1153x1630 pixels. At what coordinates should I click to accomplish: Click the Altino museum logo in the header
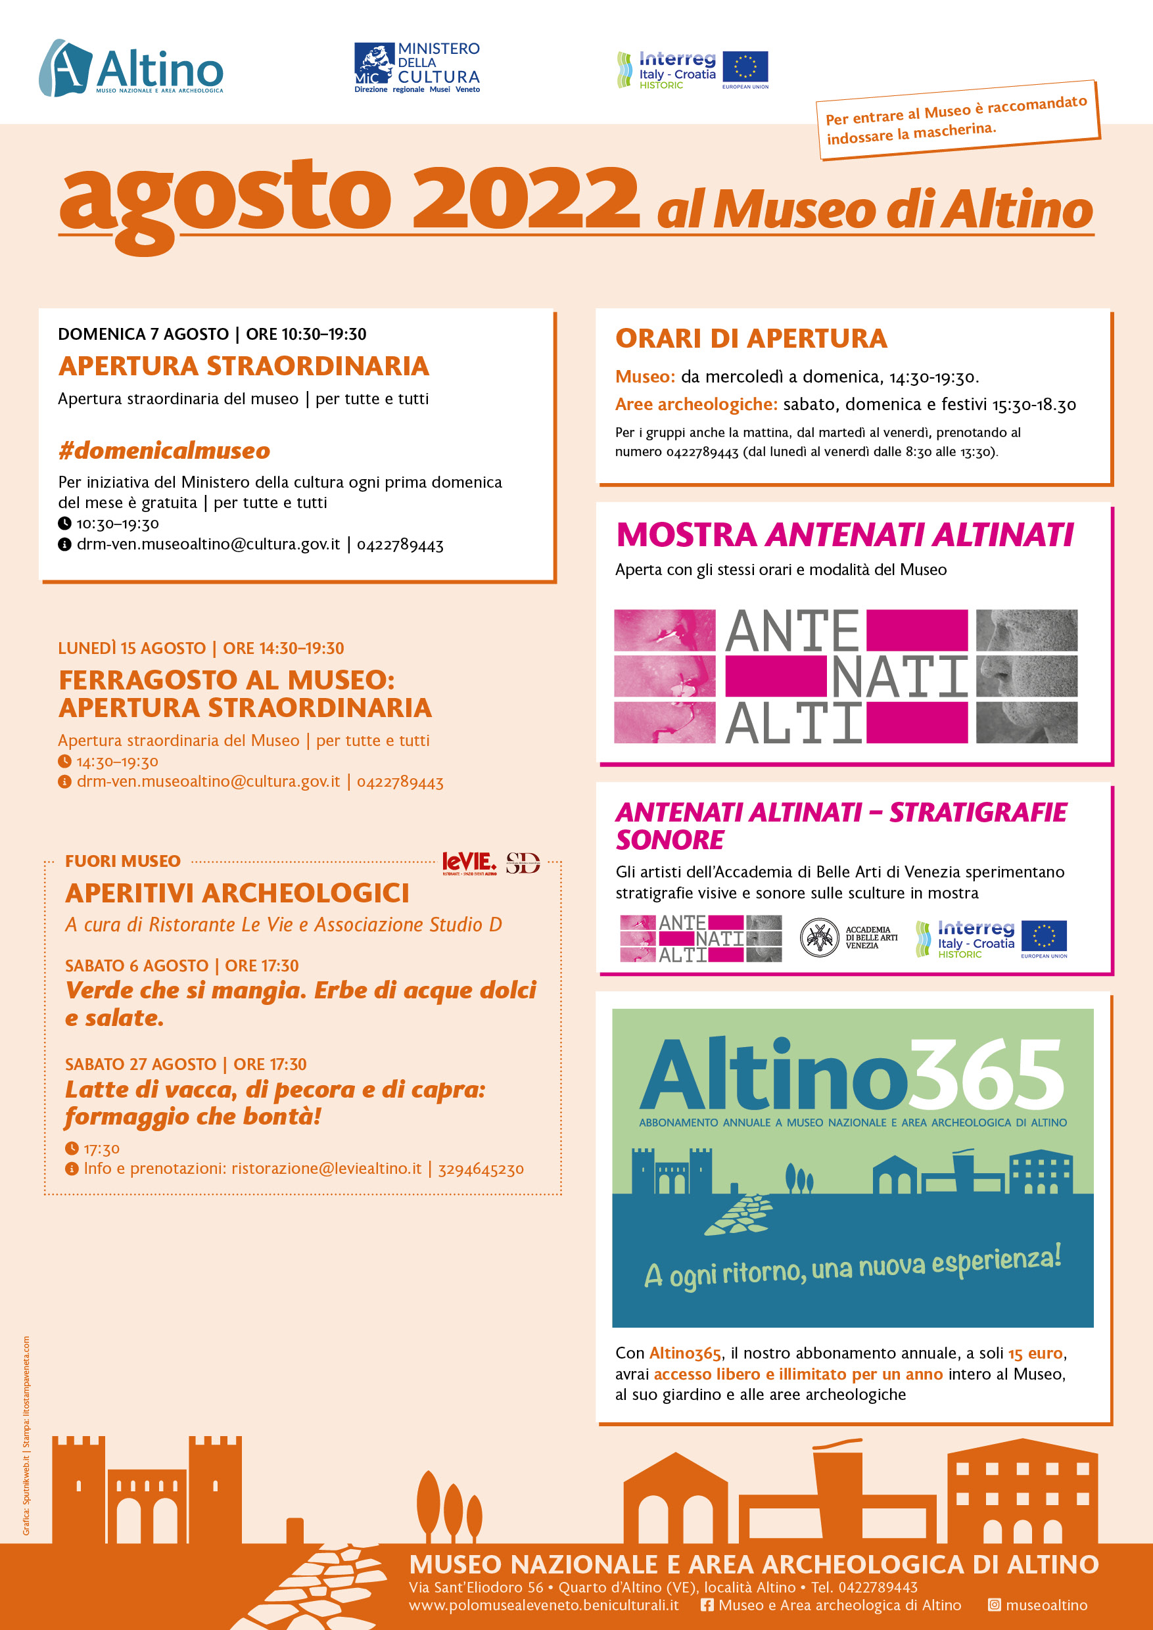click(x=131, y=68)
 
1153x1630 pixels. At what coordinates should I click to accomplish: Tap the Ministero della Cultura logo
click(x=417, y=68)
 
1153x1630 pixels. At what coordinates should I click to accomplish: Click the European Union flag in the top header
click(x=745, y=68)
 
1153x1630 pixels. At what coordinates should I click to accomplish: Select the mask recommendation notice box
click(x=957, y=119)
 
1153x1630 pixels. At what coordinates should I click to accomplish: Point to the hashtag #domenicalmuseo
click(x=164, y=450)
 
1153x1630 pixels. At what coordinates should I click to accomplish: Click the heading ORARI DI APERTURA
click(x=751, y=338)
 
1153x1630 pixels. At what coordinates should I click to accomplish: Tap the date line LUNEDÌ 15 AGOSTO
click(x=132, y=648)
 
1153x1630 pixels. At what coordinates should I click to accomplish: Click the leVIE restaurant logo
click(x=469, y=862)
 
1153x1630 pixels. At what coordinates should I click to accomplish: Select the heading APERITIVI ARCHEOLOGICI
click(x=237, y=893)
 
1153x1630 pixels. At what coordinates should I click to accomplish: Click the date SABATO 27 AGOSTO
click(x=141, y=1064)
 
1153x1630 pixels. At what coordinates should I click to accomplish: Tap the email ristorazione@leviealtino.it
click(x=327, y=1169)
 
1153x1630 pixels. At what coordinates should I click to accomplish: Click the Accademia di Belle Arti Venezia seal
click(x=819, y=937)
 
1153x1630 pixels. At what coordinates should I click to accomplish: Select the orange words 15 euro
click(x=1035, y=1353)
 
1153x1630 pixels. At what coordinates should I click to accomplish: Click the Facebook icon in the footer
click(x=707, y=1605)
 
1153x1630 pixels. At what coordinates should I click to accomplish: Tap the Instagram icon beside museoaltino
click(x=995, y=1605)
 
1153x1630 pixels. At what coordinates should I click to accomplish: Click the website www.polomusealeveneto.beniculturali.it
click(x=543, y=1605)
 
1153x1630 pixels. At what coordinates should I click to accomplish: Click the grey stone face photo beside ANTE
click(x=1027, y=630)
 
